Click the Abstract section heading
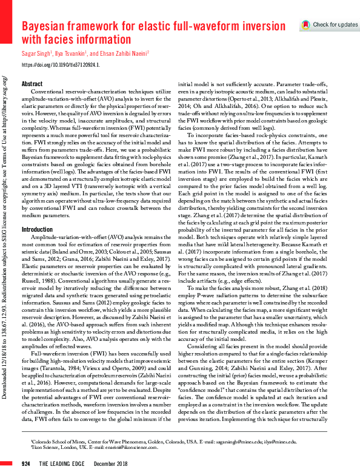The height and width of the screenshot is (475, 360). (32, 84)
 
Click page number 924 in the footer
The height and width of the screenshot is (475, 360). (26, 463)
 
